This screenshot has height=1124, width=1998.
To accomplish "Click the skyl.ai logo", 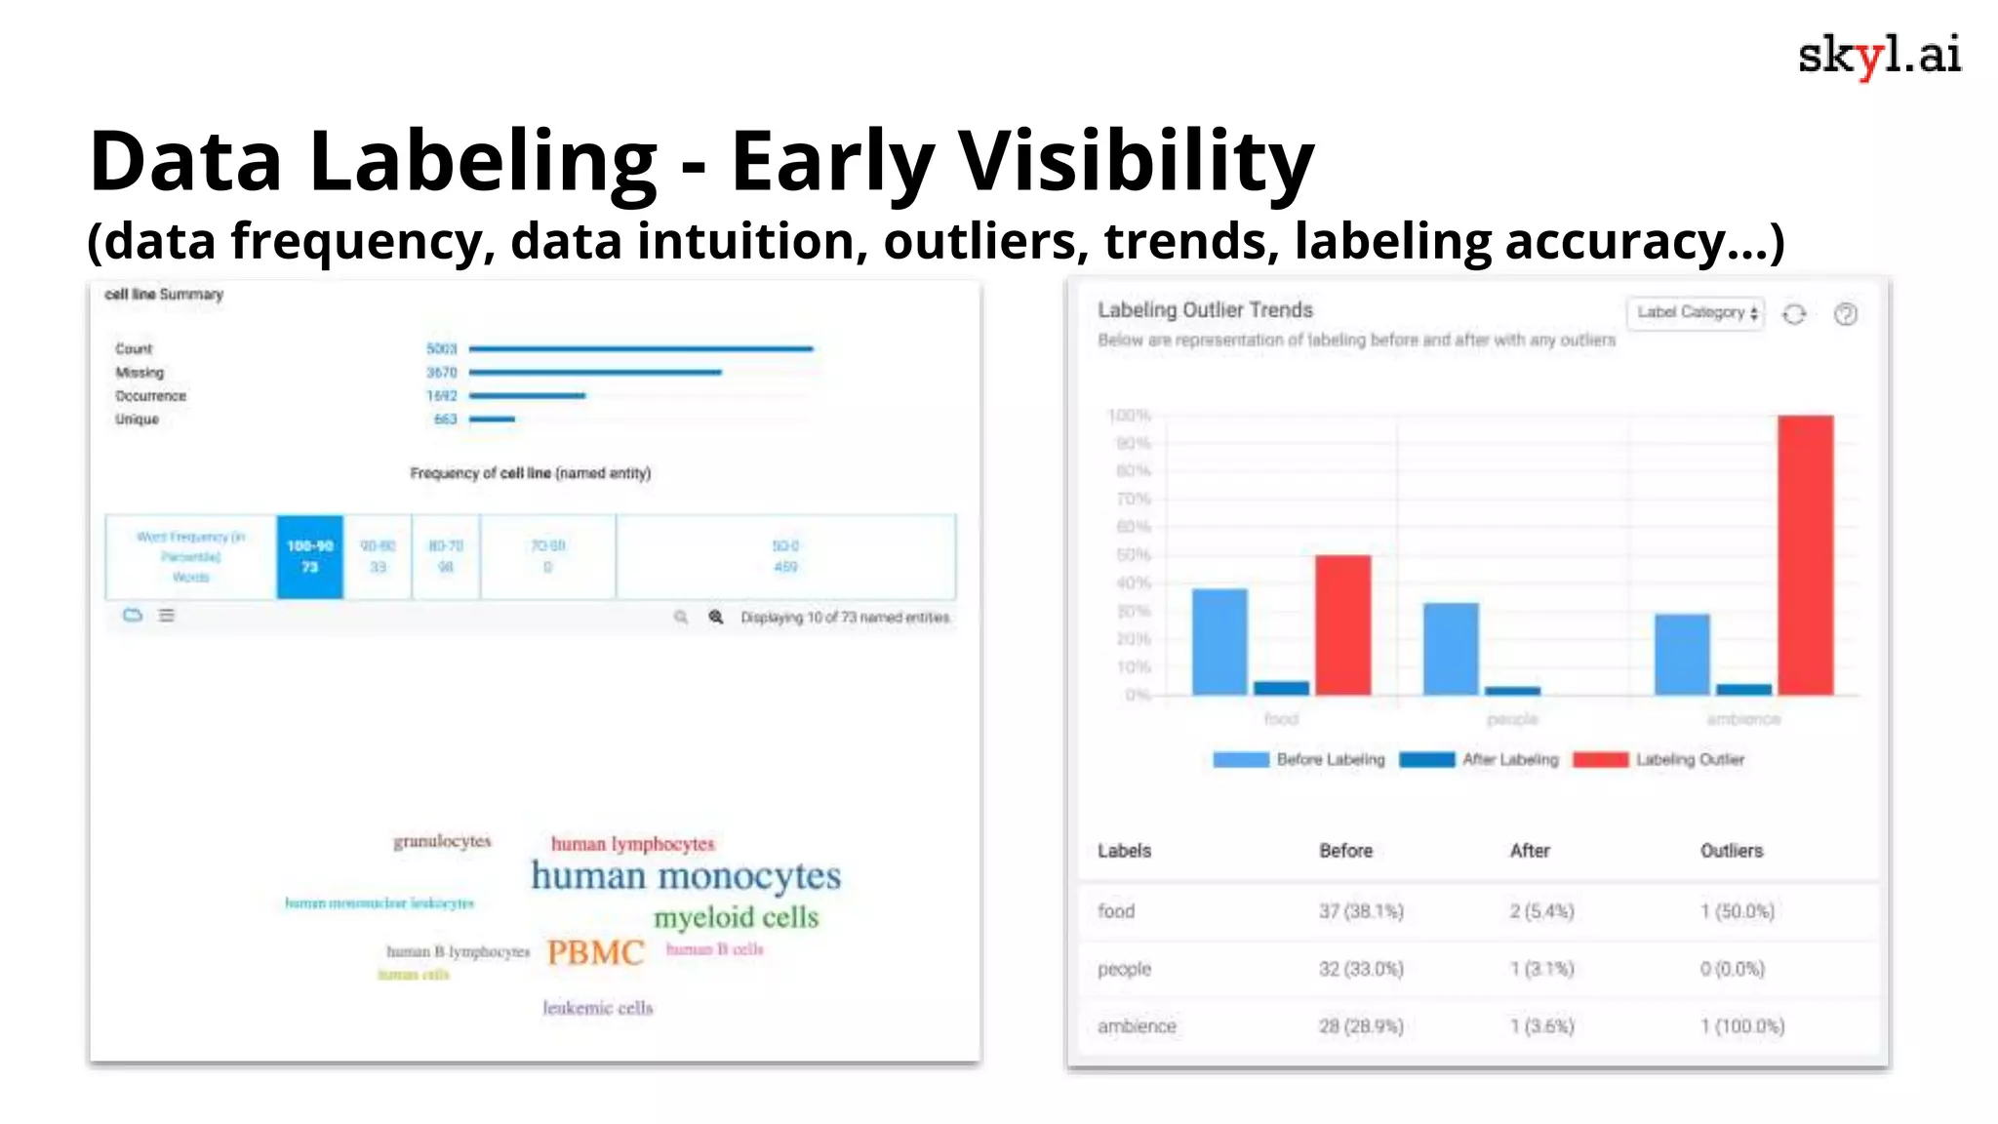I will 1879,56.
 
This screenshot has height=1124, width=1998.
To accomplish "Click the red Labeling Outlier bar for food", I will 1342,624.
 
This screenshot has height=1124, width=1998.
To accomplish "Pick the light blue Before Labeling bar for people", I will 1451,649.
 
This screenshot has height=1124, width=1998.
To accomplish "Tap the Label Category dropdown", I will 1696,313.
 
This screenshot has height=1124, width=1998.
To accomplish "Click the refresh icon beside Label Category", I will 1794,314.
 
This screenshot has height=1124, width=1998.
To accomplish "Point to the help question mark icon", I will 1845,314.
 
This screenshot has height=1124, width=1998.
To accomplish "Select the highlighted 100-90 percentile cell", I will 309,556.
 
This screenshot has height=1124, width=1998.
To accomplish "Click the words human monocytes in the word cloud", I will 686,876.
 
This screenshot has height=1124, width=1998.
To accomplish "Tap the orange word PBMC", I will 595,952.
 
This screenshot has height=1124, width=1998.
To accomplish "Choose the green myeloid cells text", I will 737,917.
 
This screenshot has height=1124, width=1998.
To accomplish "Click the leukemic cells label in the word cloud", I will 597,1008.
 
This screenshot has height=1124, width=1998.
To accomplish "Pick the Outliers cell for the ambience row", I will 1742,1026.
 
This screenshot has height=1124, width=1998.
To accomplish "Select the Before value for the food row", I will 1361,911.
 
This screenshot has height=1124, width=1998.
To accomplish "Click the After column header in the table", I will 1530,851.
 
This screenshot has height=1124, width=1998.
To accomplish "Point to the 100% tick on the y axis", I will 1129,416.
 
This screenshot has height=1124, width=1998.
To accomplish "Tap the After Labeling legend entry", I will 1479,759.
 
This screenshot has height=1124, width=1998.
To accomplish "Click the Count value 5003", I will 441,348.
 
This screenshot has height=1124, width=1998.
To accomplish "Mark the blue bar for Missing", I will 595,372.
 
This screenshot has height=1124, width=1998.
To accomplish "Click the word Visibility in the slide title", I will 1136,161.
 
